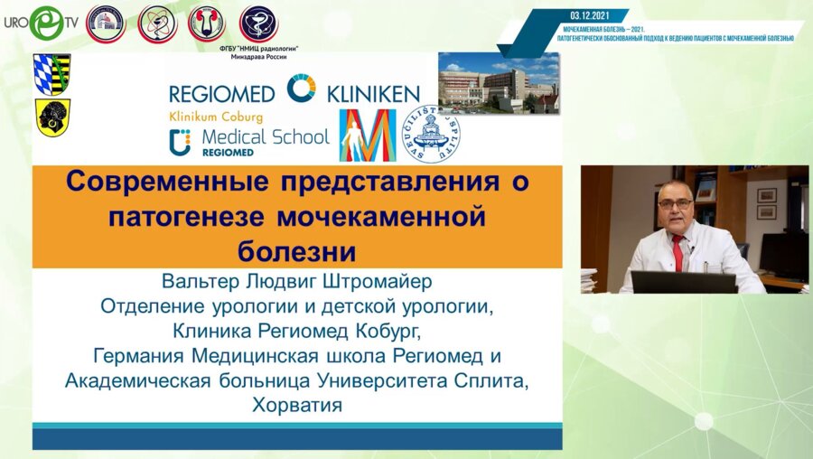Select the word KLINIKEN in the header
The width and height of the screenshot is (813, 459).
[371, 93]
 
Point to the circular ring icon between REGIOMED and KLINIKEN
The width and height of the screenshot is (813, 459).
[301, 89]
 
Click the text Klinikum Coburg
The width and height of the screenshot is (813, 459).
[216, 117]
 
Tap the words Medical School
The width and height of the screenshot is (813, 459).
[264, 137]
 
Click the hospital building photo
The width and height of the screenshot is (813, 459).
[498, 81]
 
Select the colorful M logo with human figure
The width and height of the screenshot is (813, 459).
[368, 135]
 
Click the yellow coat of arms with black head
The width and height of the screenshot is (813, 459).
[52, 117]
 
